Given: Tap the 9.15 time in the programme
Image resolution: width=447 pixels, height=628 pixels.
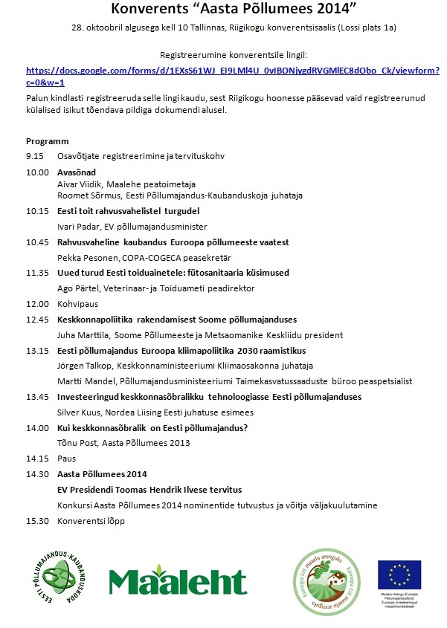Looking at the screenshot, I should coord(36,156).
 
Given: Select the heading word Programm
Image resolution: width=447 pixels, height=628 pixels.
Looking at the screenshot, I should coord(47,141).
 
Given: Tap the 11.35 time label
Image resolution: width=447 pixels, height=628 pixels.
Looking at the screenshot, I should coord(36,273).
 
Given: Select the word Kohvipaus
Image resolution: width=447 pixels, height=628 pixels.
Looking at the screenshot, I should coord(78,304).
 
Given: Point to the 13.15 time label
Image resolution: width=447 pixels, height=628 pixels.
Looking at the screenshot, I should coord(36,351).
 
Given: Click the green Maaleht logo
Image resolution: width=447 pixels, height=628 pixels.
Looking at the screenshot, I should coord(178,580).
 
